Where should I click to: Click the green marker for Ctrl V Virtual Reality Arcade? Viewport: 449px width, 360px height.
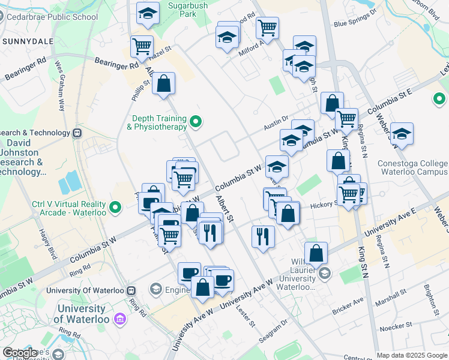pos(116,209)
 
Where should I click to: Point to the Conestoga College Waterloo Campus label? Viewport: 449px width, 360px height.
pos(412,168)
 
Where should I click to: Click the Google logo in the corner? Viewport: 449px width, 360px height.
pos(20,353)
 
